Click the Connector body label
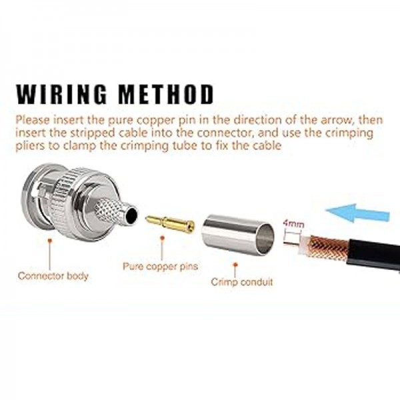coord(53,275)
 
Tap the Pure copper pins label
coord(160,267)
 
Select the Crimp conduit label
coord(242,282)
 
